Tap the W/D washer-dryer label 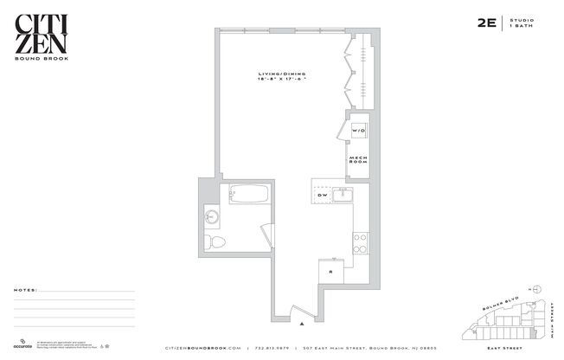click(358, 130)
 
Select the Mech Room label click(358, 159)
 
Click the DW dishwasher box click(322, 196)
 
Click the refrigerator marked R click(329, 272)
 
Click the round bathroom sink click(213, 216)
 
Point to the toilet click(216, 241)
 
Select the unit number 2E click(485, 25)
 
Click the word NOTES click(25, 291)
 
